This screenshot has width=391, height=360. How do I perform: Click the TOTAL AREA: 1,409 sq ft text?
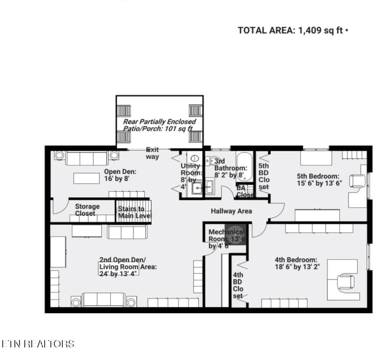click(x=292, y=31)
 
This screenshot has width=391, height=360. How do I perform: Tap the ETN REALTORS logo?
click(x=38, y=344)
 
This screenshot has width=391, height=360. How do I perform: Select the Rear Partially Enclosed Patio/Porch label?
click(x=159, y=125)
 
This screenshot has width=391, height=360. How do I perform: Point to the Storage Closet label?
click(x=87, y=210)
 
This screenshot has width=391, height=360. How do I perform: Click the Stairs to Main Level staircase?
click(x=134, y=211)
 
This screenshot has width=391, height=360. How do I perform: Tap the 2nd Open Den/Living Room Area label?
click(x=128, y=266)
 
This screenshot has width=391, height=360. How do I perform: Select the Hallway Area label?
click(x=231, y=211)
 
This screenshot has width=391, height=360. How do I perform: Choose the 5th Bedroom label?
click(x=318, y=179)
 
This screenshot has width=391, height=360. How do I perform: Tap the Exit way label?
click(x=152, y=153)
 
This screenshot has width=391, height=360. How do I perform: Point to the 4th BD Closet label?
click(x=238, y=285)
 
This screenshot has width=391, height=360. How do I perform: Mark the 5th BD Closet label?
click(x=263, y=176)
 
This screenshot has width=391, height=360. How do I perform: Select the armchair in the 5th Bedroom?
click(x=357, y=181)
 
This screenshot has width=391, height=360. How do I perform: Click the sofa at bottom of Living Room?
click(x=103, y=300)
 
